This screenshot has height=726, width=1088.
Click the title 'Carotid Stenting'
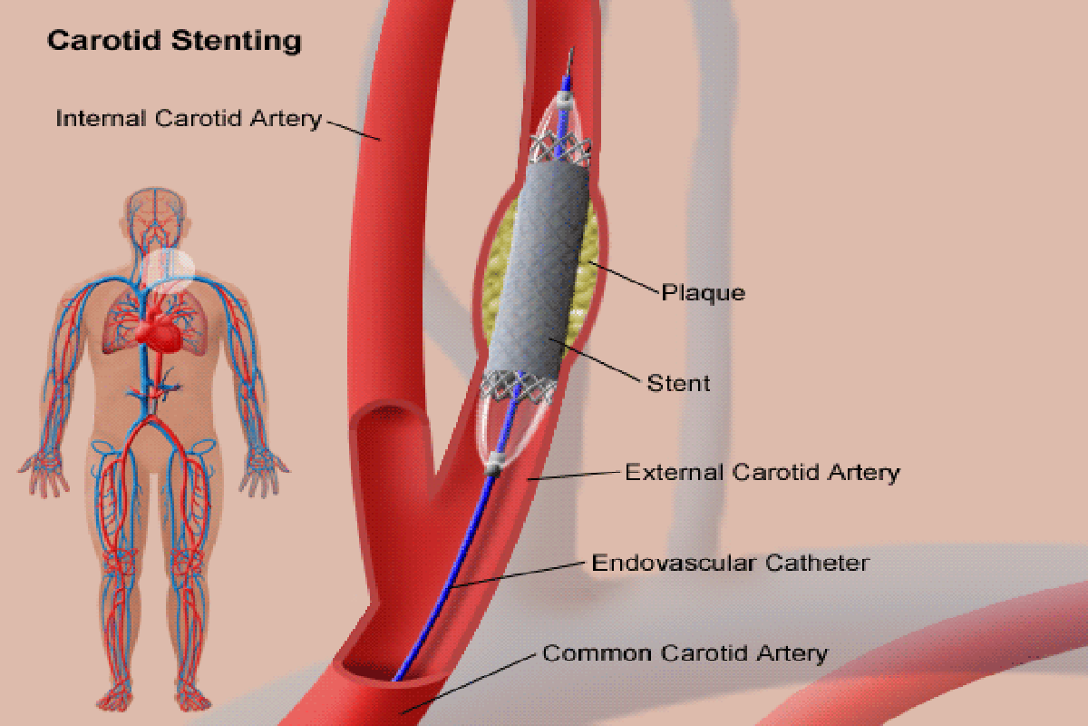click(x=174, y=41)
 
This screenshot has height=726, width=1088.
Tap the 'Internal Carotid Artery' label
click(x=189, y=119)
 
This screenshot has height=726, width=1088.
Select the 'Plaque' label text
click(x=703, y=293)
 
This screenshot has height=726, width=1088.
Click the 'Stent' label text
click(x=678, y=384)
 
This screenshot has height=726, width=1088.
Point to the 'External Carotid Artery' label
click(x=763, y=473)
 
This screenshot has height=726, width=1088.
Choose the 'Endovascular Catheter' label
click(x=731, y=563)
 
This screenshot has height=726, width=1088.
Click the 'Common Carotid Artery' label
click(x=685, y=653)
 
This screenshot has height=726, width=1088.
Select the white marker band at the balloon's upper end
click(x=564, y=100)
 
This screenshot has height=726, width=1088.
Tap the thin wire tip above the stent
click(x=570, y=62)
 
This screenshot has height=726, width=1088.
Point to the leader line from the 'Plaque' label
click(x=624, y=278)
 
